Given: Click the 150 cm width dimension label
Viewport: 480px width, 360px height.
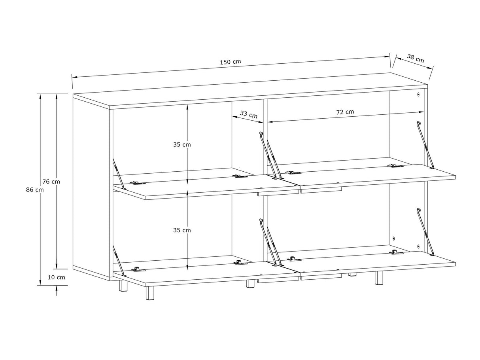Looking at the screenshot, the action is [x=230, y=62].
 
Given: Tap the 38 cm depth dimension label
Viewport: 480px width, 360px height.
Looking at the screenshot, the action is [x=415, y=59].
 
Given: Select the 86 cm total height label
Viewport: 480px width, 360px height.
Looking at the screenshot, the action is [x=35, y=190].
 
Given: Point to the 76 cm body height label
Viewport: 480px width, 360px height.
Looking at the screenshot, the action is [x=51, y=182].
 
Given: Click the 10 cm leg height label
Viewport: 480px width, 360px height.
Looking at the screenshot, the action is [x=57, y=277].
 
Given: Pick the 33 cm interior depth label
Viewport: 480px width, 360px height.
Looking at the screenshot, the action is [x=249, y=114].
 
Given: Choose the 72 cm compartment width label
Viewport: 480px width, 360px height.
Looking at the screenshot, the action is [x=345, y=112].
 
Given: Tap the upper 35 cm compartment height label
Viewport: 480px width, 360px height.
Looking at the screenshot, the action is [x=182, y=144].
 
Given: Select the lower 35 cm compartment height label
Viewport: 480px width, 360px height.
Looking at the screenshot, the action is [x=182, y=230].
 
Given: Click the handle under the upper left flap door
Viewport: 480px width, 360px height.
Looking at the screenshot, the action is [x=278, y=194].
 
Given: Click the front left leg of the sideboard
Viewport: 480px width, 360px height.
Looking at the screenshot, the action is [x=150, y=293].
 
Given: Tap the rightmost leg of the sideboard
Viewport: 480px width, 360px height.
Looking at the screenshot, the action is [x=379, y=278].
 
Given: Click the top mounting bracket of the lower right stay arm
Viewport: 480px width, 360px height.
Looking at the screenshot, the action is [x=419, y=210].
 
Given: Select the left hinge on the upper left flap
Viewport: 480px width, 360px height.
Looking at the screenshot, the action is [x=138, y=183].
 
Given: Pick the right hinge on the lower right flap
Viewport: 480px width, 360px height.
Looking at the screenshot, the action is [x=396, y=252].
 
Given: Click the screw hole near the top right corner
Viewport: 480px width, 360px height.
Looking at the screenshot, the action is [x=418, y=95].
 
